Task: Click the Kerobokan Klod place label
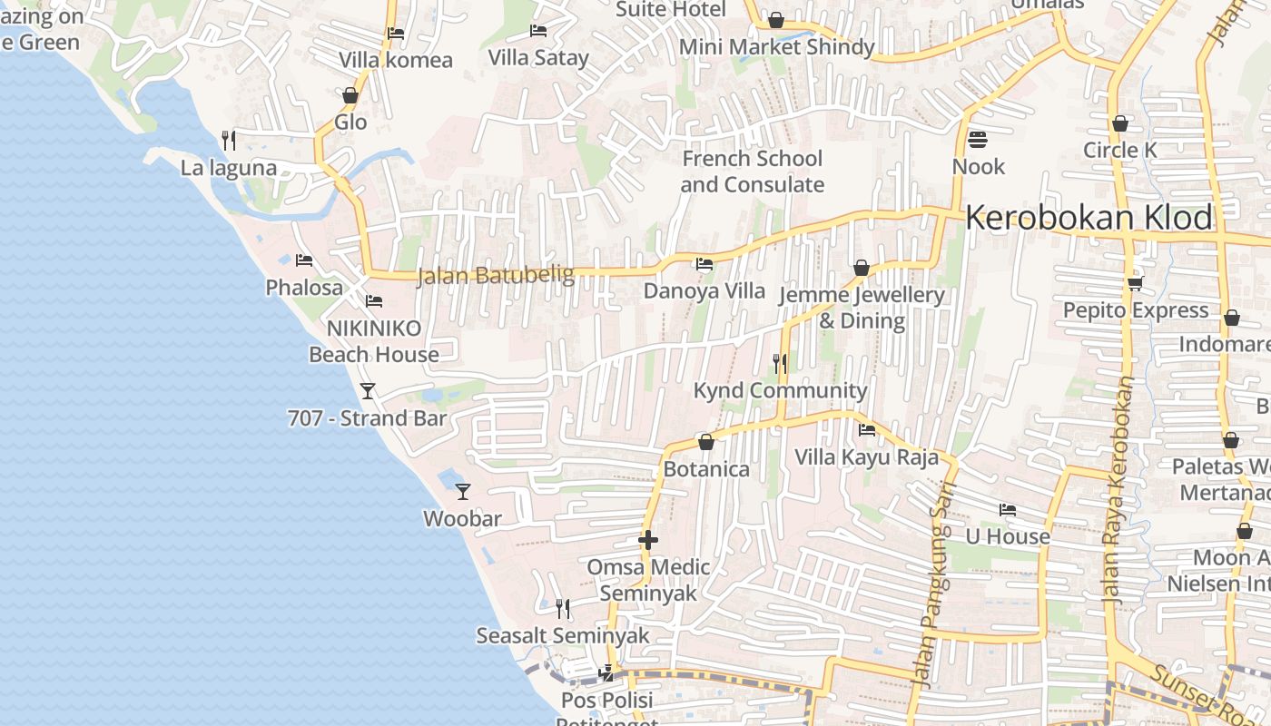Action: click(1088, 218)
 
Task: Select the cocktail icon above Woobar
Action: click(463, 492)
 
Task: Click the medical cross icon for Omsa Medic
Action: click(647, 540)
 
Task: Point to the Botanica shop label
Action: click(706, 469)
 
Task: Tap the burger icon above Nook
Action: click(978, 140)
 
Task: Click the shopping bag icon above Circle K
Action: click(1119, 123)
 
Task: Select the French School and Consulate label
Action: click(752, 172)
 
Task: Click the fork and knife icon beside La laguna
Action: click(229, 141)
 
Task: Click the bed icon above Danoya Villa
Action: click(704, 264)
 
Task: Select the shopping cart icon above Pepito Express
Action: click(1135, 284)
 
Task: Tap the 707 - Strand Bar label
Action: click(367, 418)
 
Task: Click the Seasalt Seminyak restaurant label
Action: click(563, 635)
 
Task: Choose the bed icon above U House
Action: click(1007, 510)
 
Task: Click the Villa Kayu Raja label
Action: click(866, 456)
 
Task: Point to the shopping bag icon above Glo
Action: click(350, 96)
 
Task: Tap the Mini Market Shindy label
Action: click(776, 47)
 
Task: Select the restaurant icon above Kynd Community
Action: click(779, 364)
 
